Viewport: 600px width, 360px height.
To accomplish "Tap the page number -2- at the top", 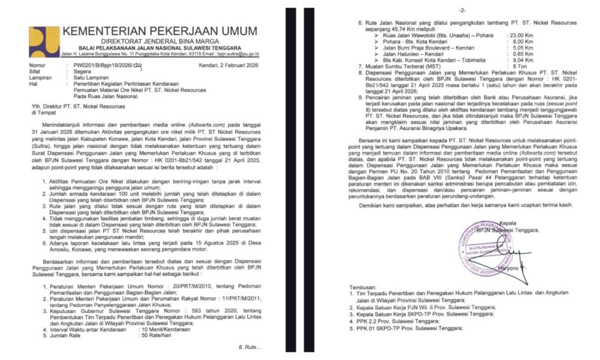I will tap(461, 11).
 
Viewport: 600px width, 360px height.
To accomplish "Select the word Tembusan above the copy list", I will tap(363, 286).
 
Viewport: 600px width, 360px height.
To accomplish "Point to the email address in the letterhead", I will tap(235, 54).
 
